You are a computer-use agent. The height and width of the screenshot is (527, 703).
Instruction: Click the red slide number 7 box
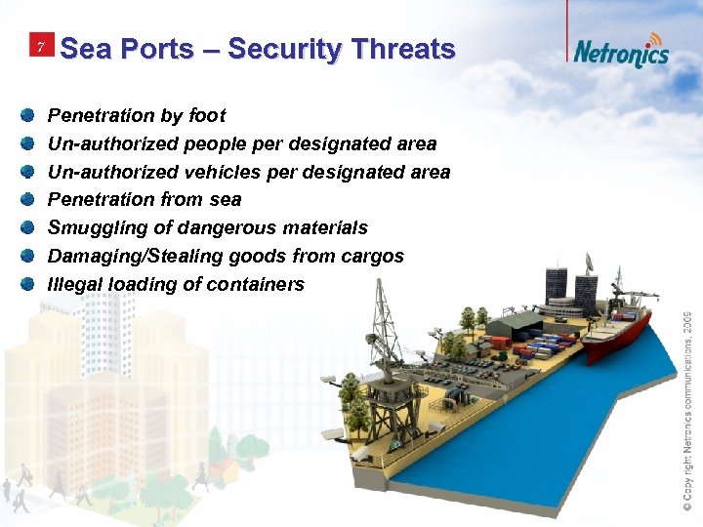pos(40,47)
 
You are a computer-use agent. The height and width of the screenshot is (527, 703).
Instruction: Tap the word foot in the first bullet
pos(207,115)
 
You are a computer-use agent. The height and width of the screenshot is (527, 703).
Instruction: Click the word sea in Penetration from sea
pos(226,199)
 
